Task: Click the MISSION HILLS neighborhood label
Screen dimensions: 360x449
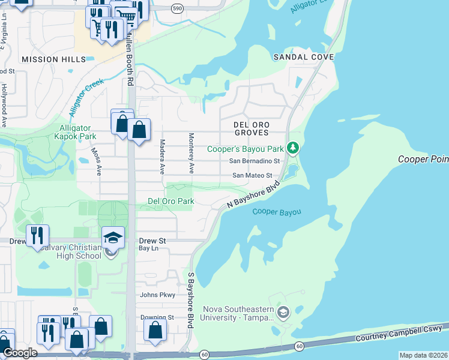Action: [53, 59]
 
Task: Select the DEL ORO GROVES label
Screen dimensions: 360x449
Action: [252, 128]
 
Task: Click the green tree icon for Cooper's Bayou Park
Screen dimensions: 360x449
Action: [293, 148]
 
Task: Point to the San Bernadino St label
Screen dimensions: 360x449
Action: [255, 161]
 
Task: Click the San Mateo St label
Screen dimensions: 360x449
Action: [253, 176]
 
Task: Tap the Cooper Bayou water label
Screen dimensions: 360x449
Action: [276, 212]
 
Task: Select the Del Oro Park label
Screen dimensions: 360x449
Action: [171, 201]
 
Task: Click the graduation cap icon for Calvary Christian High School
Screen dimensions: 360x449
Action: [113, 238]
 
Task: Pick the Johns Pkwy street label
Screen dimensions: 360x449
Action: [157, 295]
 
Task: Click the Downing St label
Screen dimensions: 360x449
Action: [157, 317]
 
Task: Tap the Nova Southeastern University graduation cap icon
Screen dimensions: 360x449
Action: [283, 312]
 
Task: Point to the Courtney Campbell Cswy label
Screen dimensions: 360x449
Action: [399, 333]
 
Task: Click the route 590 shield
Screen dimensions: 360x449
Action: [176, 8]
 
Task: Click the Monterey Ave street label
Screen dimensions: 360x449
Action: [191, 154]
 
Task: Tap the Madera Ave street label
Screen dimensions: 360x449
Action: [162, 157]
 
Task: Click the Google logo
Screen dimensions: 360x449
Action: [20, 353]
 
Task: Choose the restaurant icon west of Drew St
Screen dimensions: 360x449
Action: [37, 235]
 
